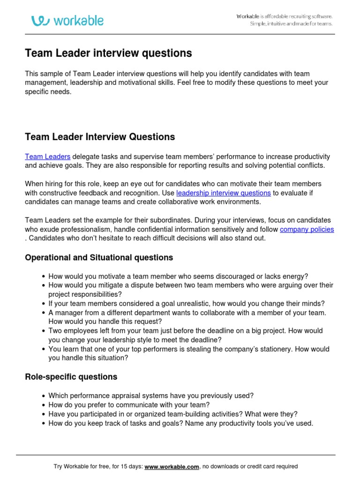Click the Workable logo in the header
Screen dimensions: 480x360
click(x=67, y=20)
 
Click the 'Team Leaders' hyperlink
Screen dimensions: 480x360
click(x=47, y=157)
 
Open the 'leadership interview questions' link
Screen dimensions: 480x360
click(x=224, y=193)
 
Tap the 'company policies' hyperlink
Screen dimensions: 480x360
click(x=307, y=229)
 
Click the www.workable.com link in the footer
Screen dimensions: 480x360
click(x=172, y=467)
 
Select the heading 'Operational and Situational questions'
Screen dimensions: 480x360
click(x=99, y=257)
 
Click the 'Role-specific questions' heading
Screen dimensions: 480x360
click(x=71, y=377)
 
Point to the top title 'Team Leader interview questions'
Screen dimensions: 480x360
click(x=108, y=53)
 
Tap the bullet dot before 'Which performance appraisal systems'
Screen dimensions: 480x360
click(x=44, y=396)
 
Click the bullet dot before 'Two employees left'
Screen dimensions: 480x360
click(x=44, y=331)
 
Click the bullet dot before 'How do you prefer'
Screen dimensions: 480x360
click(x=44, y=405)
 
